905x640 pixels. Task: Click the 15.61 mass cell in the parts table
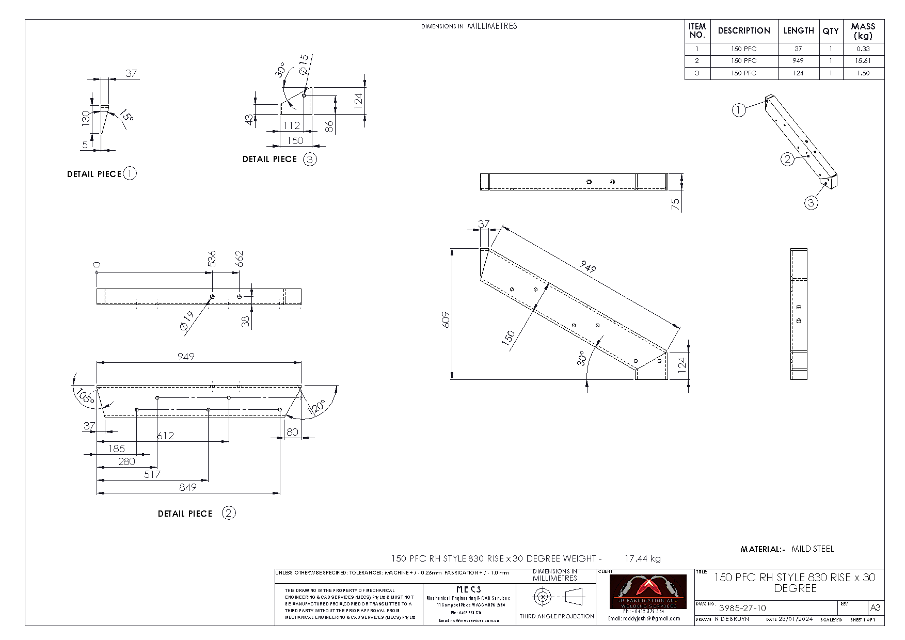pos(863,61)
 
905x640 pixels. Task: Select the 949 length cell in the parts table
pos(798,61)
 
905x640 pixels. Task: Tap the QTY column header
pos(830,31)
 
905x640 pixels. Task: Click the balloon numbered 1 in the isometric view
pos(739,110)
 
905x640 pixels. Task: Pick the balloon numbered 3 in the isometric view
pos(811,203)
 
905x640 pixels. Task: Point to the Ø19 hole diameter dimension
pos(186,321)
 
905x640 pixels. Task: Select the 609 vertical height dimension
pos(447,319)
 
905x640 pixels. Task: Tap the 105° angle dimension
pos(84,396)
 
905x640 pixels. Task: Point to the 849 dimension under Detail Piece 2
pos(188,487)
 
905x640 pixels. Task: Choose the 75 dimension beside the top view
pos(676,204)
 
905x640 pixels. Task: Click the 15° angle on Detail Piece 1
pos(126,115)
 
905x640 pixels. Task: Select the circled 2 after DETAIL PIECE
pos(229,513)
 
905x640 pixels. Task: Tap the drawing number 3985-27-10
pos(742,608)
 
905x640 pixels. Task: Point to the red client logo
pos(648,591)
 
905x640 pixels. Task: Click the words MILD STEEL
pos(813,549)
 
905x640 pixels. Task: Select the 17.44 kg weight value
pos(642,558)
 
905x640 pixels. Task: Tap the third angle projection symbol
pos(557,597)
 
